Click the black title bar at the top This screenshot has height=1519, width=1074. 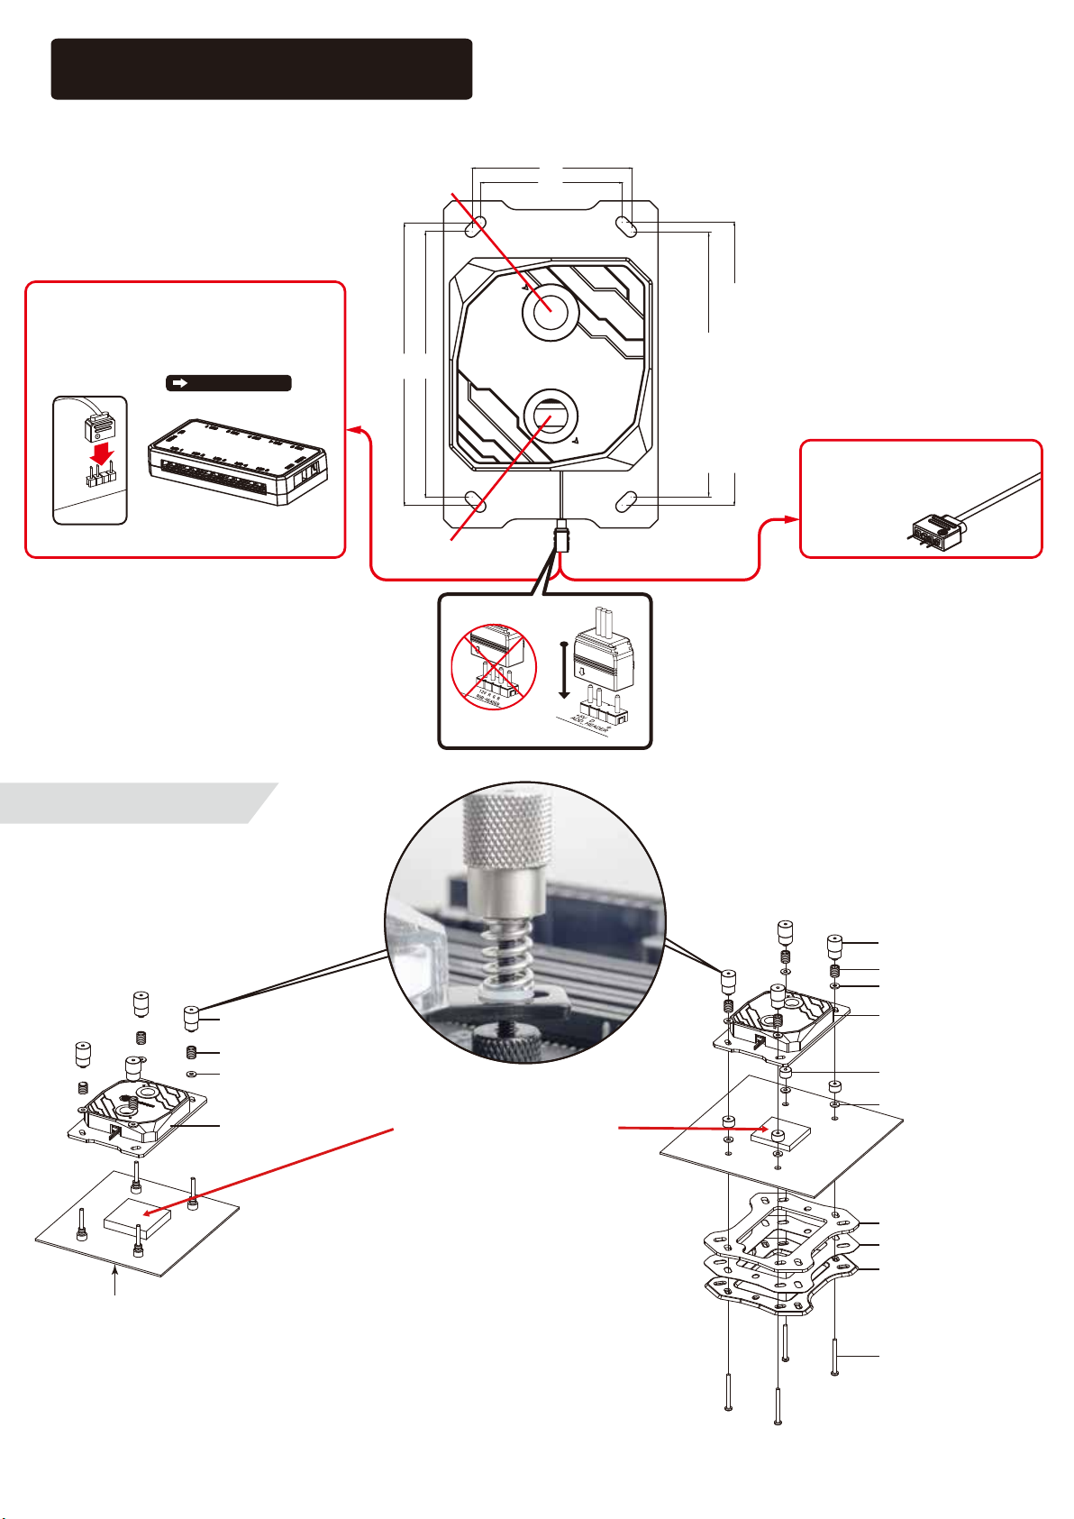point(261,69)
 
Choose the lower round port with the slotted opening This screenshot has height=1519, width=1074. point(550,416)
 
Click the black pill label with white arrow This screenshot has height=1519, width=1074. point(228,383)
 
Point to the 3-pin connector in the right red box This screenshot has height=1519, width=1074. point(930,528)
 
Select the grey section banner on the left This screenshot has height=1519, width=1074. point(135,802)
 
